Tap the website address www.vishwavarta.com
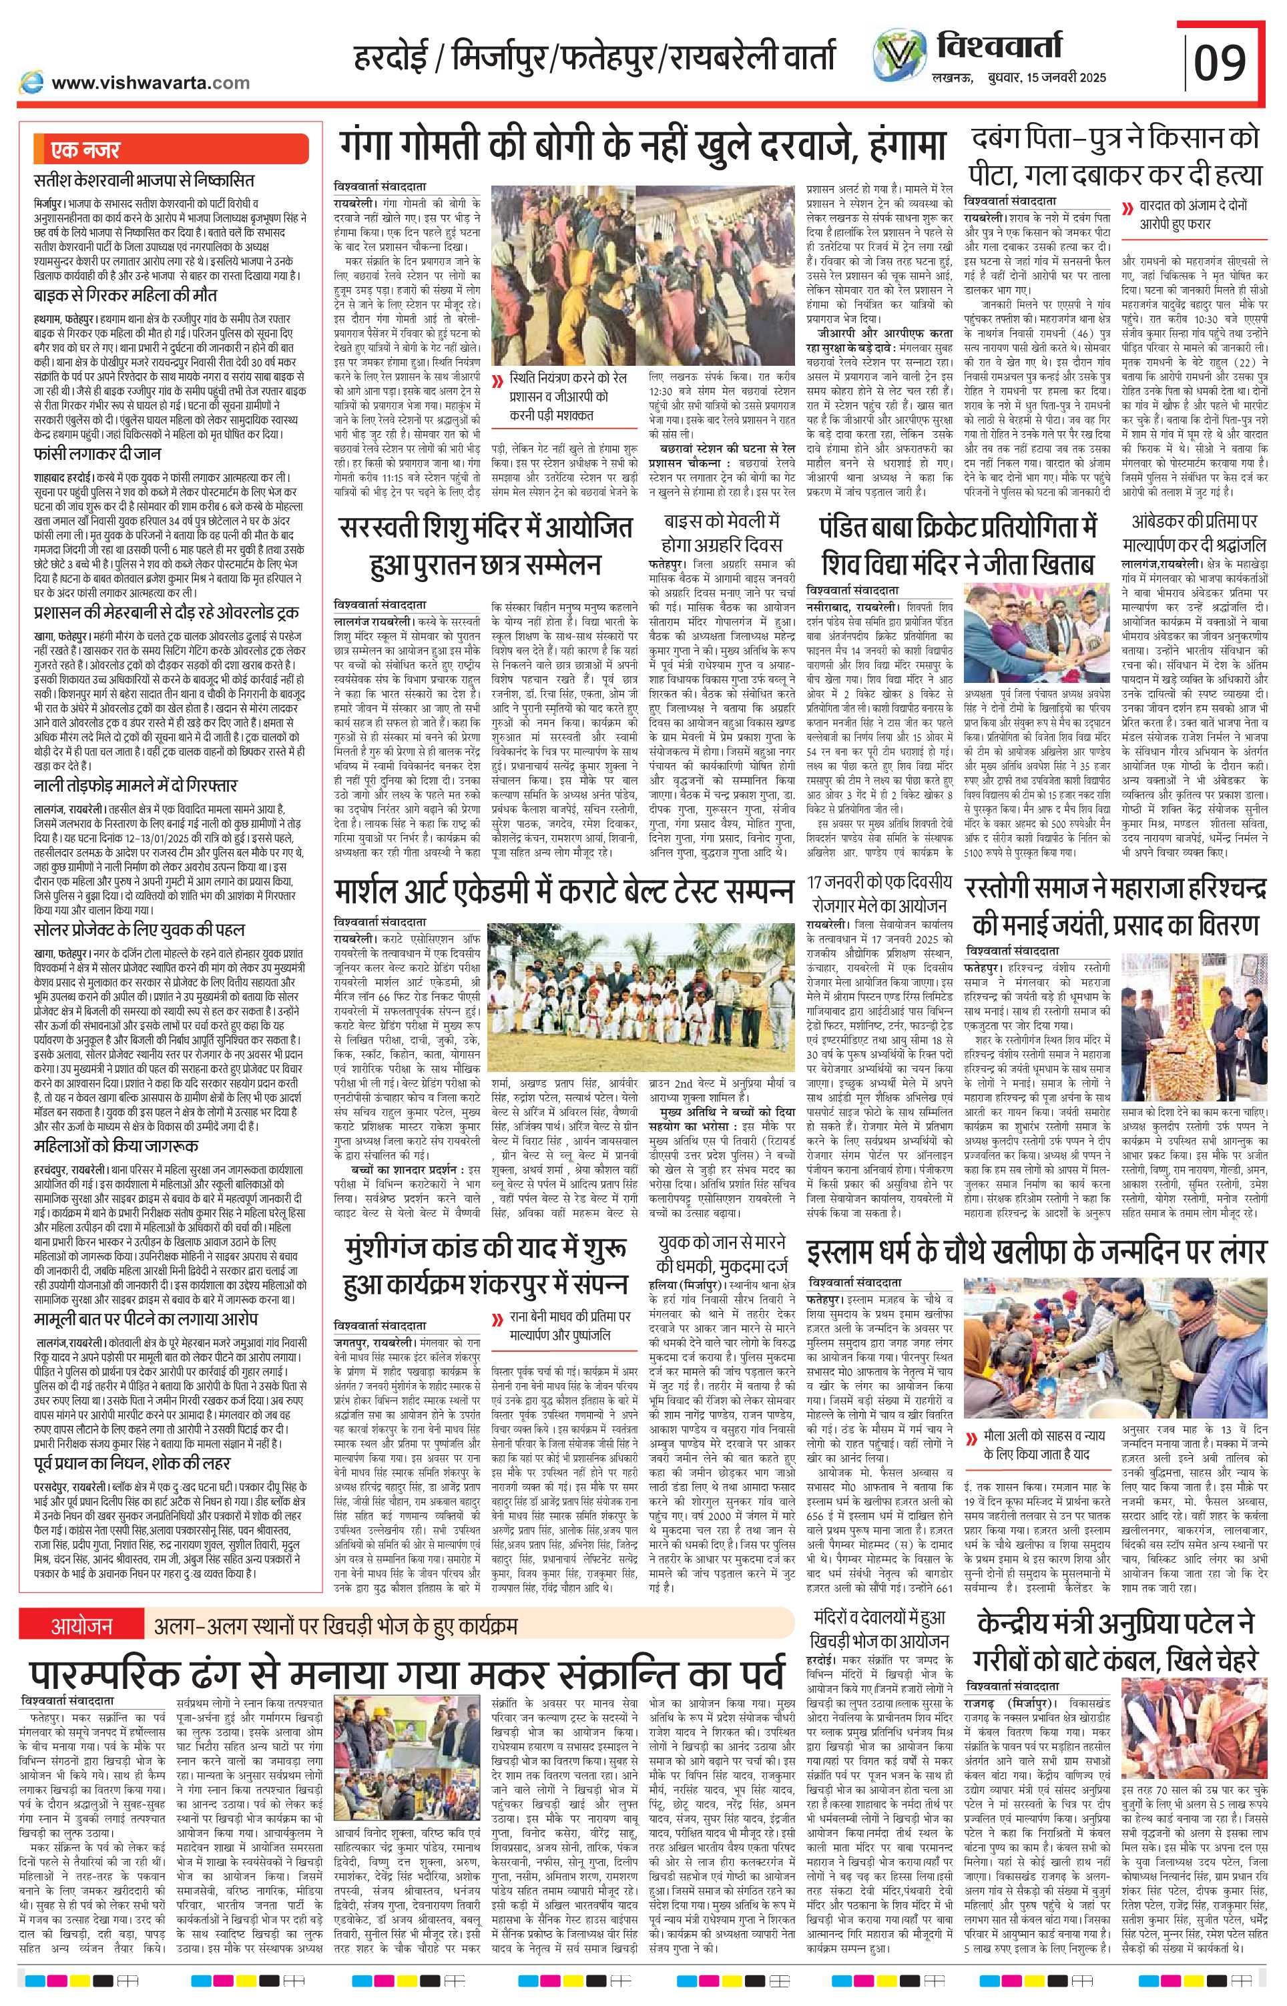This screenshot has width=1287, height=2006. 150,83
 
